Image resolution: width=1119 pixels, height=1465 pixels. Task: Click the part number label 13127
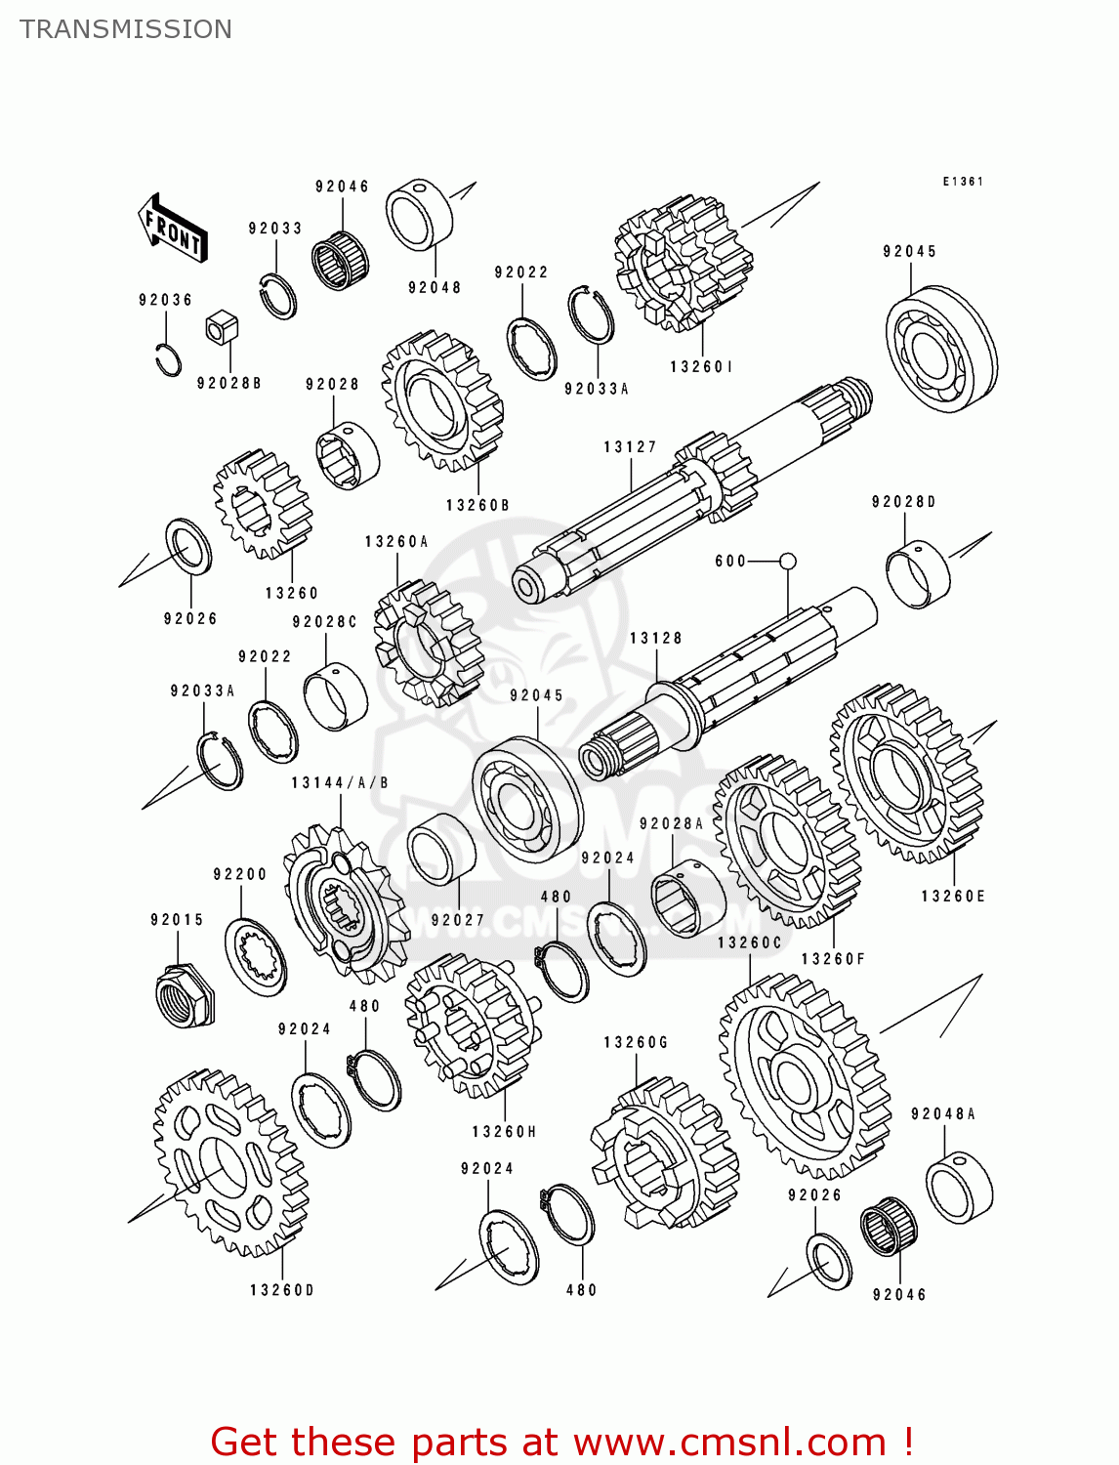[630, 447]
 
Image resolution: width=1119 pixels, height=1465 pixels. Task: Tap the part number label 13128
[656, 639]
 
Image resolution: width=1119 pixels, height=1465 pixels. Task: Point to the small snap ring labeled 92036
[169, 359]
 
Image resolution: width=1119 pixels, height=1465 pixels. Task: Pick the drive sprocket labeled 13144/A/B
[344, 903]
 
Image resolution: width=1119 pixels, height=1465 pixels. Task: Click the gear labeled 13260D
[230, 1162]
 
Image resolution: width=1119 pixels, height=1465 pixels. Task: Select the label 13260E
[953, 897]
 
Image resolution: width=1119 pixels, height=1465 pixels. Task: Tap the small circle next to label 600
[788, 561]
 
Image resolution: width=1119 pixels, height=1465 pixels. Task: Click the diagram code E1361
[963, 182]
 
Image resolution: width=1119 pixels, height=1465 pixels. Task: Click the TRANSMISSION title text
[126, 29]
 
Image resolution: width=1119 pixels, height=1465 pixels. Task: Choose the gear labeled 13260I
[684, 262]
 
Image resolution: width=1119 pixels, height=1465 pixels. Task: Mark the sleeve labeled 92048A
[959, 1188]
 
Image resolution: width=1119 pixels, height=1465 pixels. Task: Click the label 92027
[458, 920]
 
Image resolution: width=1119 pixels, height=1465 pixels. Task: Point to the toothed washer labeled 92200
[256, 957]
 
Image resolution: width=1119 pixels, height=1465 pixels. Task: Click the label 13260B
[477, 506]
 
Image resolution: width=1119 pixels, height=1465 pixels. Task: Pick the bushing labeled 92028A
[688, 897]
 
